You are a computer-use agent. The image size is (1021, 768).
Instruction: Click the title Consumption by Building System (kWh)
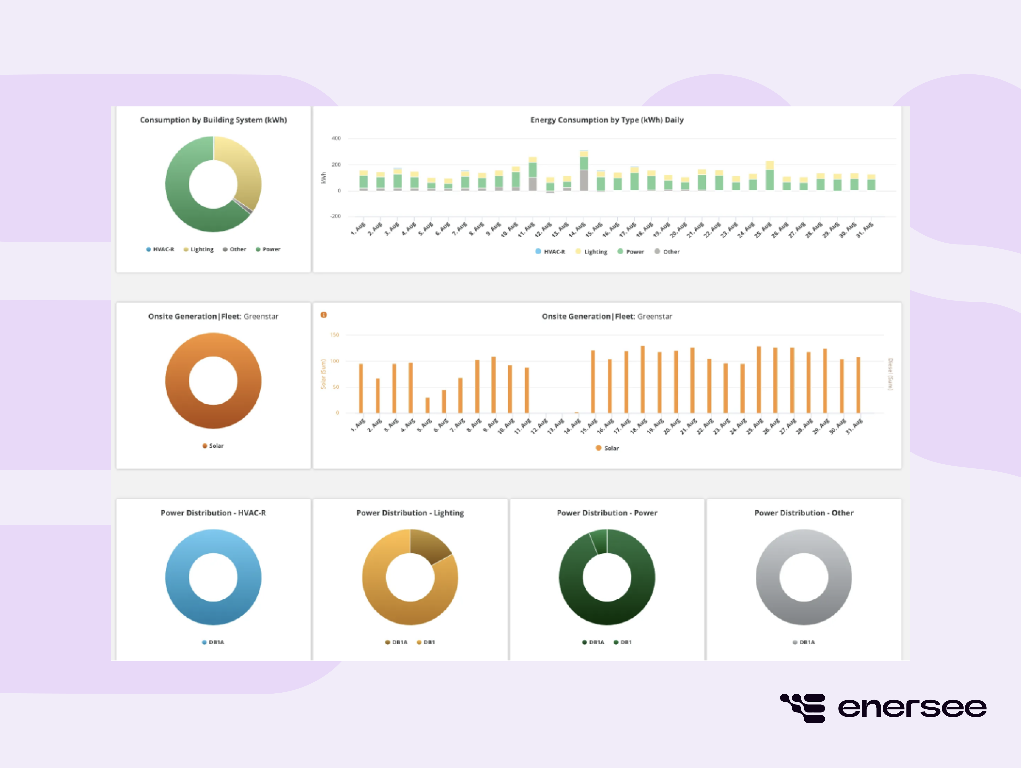click(x=213, y=120)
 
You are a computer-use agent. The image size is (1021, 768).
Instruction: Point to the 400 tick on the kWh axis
click(x=336, y=138)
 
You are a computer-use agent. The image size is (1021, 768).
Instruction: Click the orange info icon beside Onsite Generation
click(x=323, y=315)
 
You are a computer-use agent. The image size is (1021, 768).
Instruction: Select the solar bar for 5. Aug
click(x=427, y=405)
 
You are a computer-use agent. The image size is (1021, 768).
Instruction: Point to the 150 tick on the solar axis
click(x=335, y=335)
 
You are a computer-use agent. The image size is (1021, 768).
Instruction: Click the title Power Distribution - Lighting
click(x=410, y=513)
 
